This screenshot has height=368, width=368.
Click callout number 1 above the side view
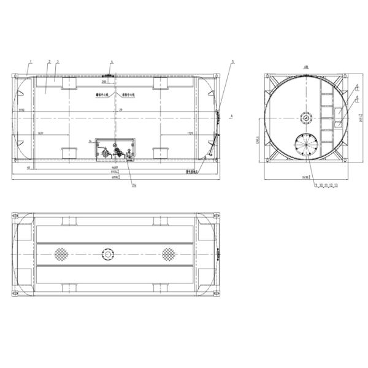pos(29,62)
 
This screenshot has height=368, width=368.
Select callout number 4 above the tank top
pos(112,62)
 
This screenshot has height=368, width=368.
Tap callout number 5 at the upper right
pos(233,62)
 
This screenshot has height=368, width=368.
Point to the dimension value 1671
pos(40,133)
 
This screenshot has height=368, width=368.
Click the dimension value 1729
pos(190,133)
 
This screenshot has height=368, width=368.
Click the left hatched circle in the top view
pos(61,253)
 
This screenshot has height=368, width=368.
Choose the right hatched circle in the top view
pos(169,253)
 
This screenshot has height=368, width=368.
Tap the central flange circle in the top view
pos(109,253)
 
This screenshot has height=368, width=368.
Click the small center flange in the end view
pos(305,118)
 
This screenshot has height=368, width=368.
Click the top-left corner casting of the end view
pos(268,76)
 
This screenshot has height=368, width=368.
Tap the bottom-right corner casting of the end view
pos(344,161)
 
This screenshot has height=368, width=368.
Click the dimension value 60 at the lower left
pos(28,167)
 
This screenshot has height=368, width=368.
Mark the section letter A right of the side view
pos(231,115)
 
